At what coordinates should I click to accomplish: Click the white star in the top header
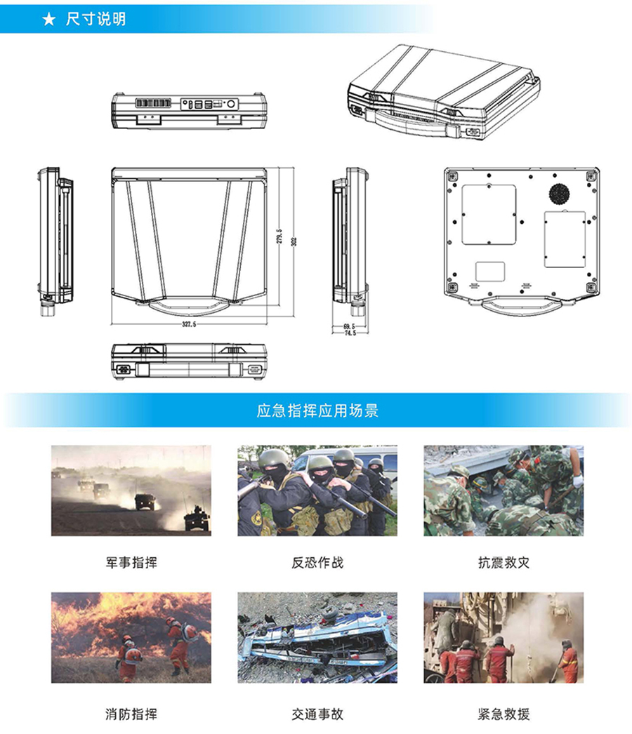pyautogui.click(x=48, y=19)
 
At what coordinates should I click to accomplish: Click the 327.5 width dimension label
pyautogui.click(x=189, y=325)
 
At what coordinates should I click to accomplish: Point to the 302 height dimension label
pyautogui.click(x=294, y=240)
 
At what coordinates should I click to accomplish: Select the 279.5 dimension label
pyautogui.click(x=279, y=236)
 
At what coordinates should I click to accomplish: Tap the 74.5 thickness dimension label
pyautogui.click(x=349, y=333)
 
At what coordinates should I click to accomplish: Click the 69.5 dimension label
pyautogui.click(x=349, y=326)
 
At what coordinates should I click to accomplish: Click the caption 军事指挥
pyautogui.click(x=131, y=562)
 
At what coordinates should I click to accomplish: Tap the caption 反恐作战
pyautogui.click(x=317, y=562)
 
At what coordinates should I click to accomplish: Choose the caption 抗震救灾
pyautogui.click(x=503, y=562)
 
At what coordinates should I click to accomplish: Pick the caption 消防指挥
pyautogui.click(x=131, y=714)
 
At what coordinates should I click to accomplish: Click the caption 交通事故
pyautogui.click(x=317, y=714)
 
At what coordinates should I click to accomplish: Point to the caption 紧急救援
pyautogui.click(x=503, y=714)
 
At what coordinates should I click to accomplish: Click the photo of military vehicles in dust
pyautogui.click(x=131, y=491)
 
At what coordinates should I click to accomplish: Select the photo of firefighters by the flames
pyautogui.click(x=131, y=637)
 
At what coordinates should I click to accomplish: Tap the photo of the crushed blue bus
pyautogui.click(x=317, y=637)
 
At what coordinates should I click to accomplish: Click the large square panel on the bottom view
pyautogui.click(x=488, y=215)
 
